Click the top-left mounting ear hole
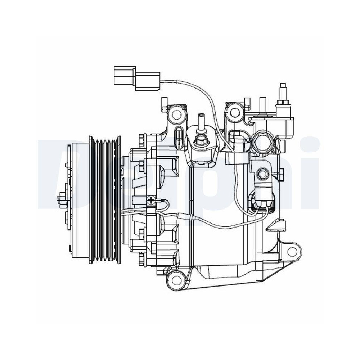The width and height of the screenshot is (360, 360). tap(176, 114)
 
